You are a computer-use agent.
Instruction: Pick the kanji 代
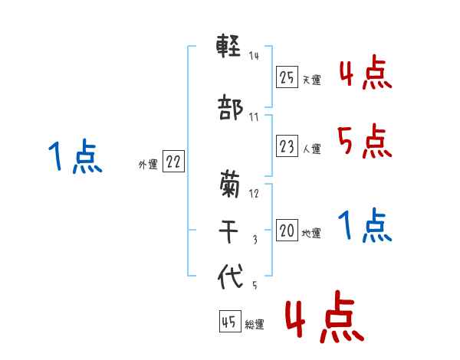click(x=230, y=277)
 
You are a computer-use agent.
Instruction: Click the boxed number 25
click(x=287, y=77)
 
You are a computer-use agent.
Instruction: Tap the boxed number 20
click(x=287, y=231)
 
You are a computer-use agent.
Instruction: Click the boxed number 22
click(x=173, y=162)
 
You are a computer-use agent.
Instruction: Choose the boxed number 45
click(x=229, y=322)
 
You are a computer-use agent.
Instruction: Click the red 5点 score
click(x=363, y=142)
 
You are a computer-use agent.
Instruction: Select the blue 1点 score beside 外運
click(x=74, y=158)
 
